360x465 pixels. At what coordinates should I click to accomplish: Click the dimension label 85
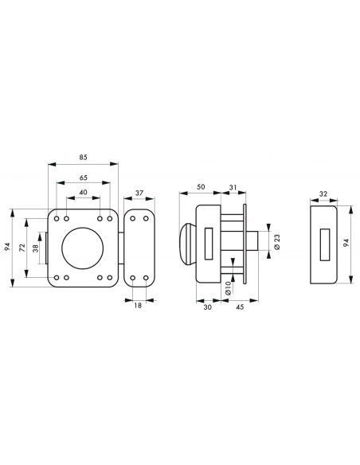(84, 157)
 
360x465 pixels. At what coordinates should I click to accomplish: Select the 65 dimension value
(84, 178)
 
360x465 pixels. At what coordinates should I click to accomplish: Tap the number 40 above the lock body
(84, 192)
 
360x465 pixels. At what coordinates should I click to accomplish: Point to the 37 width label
(139, 193)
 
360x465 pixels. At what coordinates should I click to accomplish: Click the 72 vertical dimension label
(22, 248)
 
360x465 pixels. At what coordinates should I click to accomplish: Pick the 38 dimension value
(36, 248)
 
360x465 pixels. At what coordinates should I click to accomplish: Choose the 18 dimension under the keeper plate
(138, 305)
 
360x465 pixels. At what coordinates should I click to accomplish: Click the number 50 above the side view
(201, 187)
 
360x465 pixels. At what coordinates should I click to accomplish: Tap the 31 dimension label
(233, 187)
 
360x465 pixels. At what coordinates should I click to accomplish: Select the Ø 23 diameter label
(277, 242)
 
